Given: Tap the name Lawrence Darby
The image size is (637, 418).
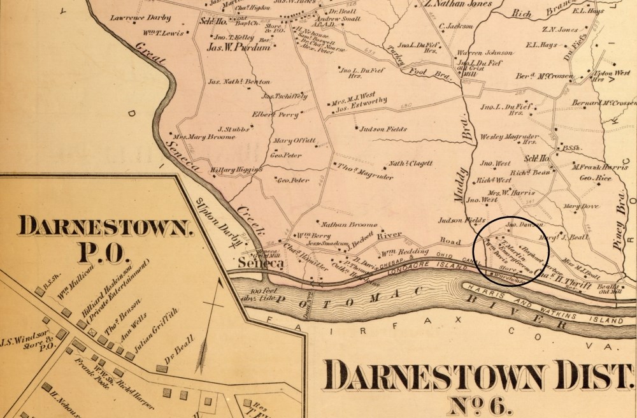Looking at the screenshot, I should (136, 20).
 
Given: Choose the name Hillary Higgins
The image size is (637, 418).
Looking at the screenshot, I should (236, 170).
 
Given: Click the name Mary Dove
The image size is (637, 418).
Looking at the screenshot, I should (580, 206).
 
